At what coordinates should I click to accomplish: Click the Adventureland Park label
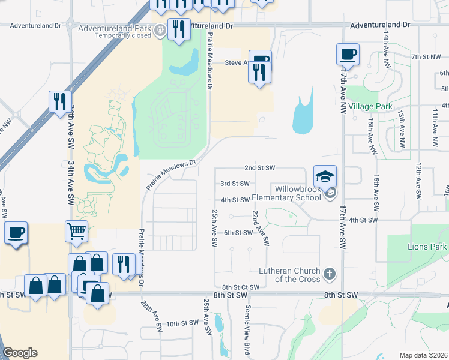(114, 28)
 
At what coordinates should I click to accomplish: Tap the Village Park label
(370, 106)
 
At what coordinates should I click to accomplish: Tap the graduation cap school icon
(325, 176)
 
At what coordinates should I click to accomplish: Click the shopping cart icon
(77, 231)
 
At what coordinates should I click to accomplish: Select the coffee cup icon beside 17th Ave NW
(348, 55)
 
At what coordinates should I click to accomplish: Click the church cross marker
(329, 274)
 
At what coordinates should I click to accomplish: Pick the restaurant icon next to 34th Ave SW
(60, 102)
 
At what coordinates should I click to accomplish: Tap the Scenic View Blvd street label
(247, 329)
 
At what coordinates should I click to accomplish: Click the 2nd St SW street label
(259, 167)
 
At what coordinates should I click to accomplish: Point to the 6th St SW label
(238, 232)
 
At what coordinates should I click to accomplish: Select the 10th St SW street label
(182, 323)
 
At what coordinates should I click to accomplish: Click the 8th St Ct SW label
(240, 287)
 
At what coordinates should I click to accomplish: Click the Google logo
(20, 353)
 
